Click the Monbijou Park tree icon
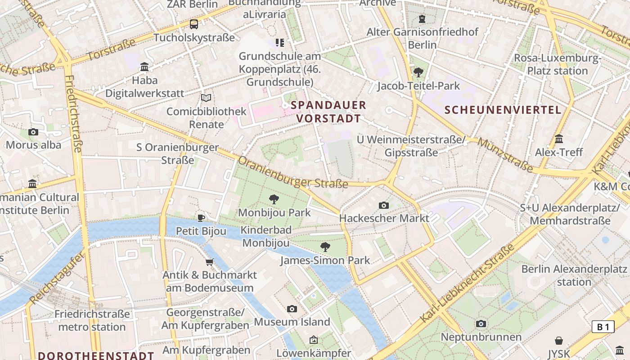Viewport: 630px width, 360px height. click(x=274, y=199)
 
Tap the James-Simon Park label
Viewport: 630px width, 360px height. click(x=325, y=260)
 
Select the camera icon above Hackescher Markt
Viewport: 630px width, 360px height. click(x=384, y=205)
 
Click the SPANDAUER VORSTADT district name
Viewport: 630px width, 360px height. click(x=328, y=112)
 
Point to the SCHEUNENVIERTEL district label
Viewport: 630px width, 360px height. click(x=503, y=110)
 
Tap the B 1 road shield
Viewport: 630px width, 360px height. click(x=603, y=327)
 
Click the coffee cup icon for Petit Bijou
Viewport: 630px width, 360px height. click(x=201, y=218)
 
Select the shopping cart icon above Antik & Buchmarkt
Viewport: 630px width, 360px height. click(x=209, y=262)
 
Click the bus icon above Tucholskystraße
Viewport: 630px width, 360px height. click(x=194, y=24)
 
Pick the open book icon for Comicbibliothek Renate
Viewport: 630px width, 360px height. click(x=206, y=98)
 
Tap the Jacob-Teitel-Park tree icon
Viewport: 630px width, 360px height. click(x=418, y=72)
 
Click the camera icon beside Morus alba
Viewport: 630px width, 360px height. click(x=33, y=132)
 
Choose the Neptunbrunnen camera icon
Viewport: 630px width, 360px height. click(x=481, y=324)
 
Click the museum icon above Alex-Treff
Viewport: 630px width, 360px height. click(x=559, y=139)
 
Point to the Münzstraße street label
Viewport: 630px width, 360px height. click(x=506, y=156)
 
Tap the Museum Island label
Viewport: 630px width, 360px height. click(x=292, y=322)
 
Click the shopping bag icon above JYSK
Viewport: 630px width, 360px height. click(x=559, y=340)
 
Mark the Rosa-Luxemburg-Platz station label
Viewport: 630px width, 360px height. click(x=558, y=64)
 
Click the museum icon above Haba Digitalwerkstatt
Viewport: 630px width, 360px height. click(x=144, y=67)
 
